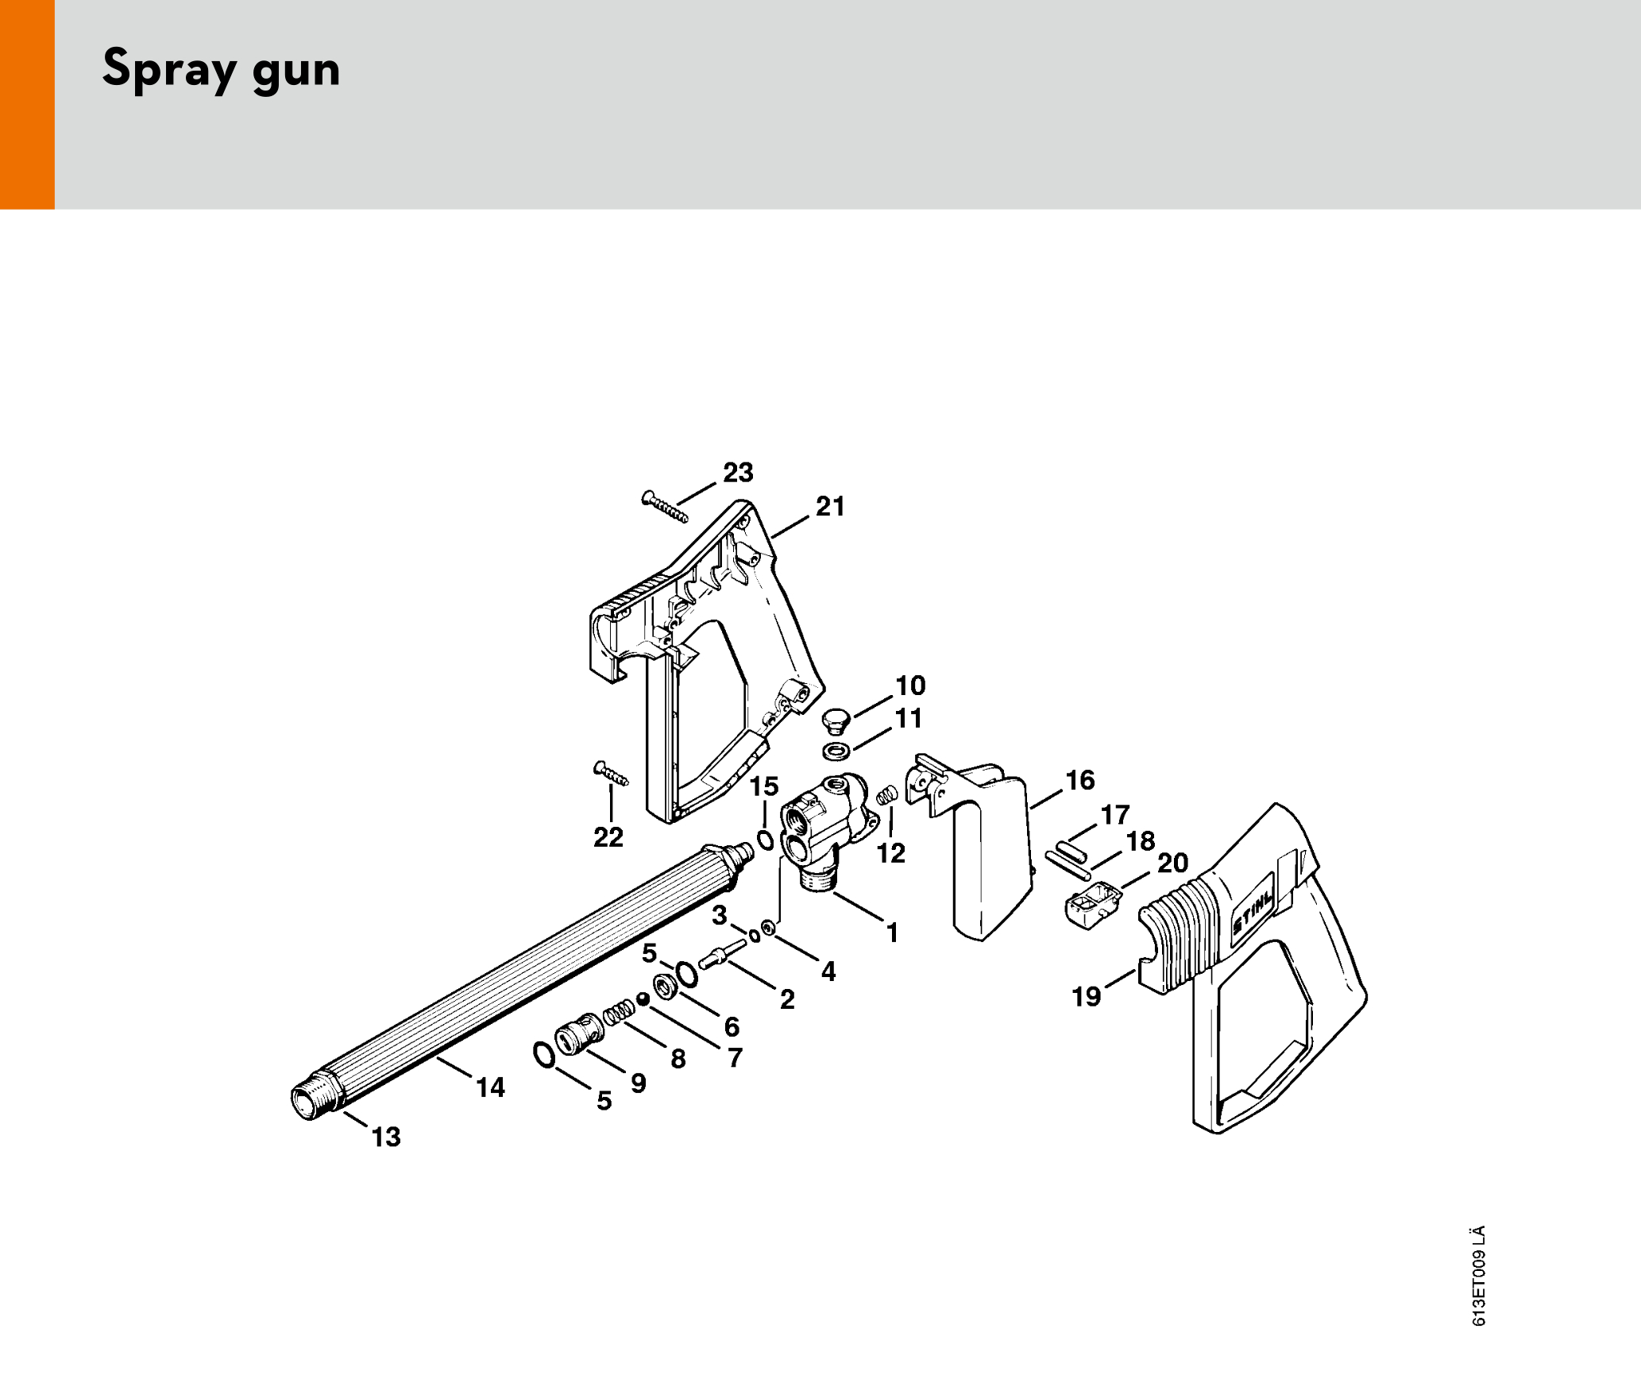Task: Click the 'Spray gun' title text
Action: [x=222, y=69]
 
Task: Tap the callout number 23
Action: [x=738, y=473]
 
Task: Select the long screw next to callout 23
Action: [x=665, y=507]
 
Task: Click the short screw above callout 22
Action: [x=611, y=773]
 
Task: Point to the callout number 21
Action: [x=830, y=506]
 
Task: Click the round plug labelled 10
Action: [x=835, y=721]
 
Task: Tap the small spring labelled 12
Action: [x=887, y=794]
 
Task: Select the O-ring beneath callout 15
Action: [x=766, y=840]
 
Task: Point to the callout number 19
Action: [x=1087, y=996]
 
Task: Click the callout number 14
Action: [x=491, y=1087]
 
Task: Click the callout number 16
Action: [x=1080, y=780]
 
